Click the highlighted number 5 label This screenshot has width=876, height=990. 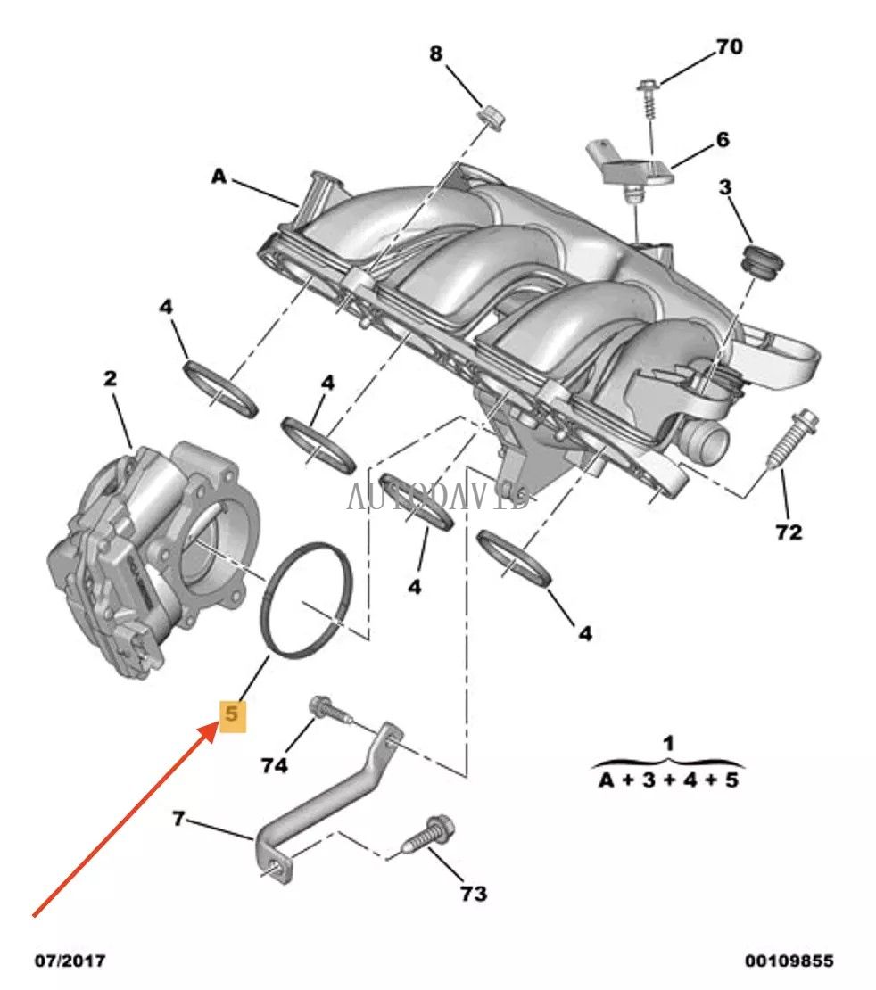click(x=231, y=714)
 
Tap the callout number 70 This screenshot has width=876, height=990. click(x=729, y=46)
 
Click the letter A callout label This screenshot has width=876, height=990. click(x=219, y=177)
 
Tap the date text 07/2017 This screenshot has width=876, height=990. click(x=70, y=961)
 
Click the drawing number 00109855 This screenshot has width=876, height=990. click(x=789, y=961)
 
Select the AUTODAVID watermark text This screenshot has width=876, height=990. click(x=437, y=496)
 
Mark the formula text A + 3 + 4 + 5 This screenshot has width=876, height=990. click(x=668, y=781)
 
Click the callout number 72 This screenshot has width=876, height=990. click(x=789, y=532)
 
